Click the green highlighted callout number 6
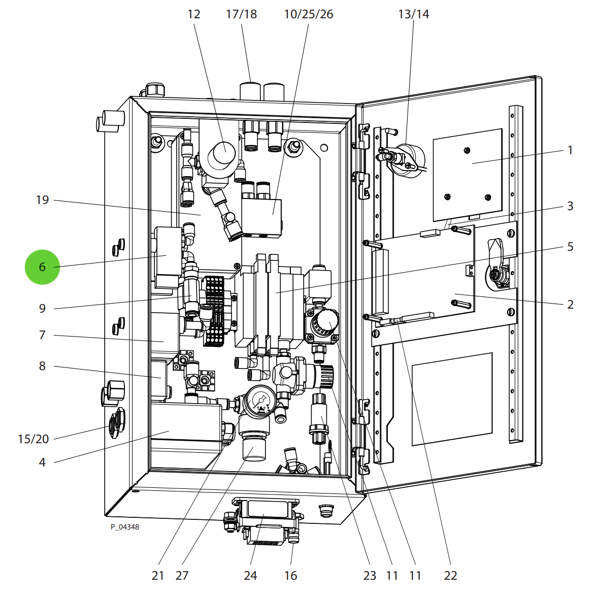point(42,267)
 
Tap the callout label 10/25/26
point(308,14)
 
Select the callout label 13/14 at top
point(413,14)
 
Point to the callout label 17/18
point(241,14)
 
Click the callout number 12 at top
point(194,14)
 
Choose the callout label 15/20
point(34,439)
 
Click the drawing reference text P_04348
point(125,527)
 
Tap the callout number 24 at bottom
point(250,576)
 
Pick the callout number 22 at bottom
point(450,576)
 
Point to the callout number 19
point(43,200)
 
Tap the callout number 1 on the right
point(570,150)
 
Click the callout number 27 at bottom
point(182,576)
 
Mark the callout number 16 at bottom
point(290,576)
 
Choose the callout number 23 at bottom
point(370,576)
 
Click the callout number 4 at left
point(42,462)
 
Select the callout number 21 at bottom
point(158,576)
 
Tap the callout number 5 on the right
point(570,247)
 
